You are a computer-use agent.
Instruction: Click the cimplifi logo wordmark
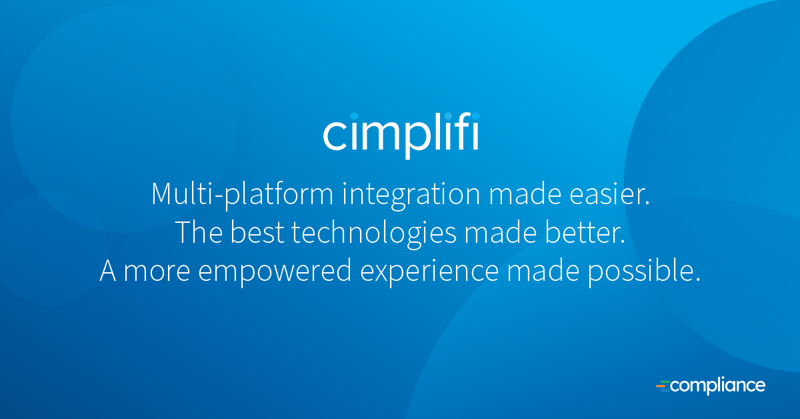[401, 135]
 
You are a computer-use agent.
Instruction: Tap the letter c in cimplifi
[335, 135]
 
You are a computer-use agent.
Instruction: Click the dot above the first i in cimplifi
[354, 116]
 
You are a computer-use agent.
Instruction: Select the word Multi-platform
[243, 194]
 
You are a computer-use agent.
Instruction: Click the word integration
[411, 194]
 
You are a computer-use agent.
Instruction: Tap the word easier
[609, 194]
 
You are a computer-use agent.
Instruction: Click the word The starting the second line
[199, 232]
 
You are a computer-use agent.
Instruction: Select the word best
[257, 232]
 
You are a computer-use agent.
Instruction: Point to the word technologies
[374, 233]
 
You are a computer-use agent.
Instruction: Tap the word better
[585, 232]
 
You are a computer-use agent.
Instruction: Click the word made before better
[501, 232]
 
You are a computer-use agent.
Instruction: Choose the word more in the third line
[157, 272]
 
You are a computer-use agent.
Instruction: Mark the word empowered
[275, 272]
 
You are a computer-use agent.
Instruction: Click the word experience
[429, 272]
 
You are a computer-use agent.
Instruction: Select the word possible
[644, 272]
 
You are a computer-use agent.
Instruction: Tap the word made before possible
[543, 270]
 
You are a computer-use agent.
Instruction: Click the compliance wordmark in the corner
[711, 386]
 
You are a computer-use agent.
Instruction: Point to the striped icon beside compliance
[663, 386]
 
